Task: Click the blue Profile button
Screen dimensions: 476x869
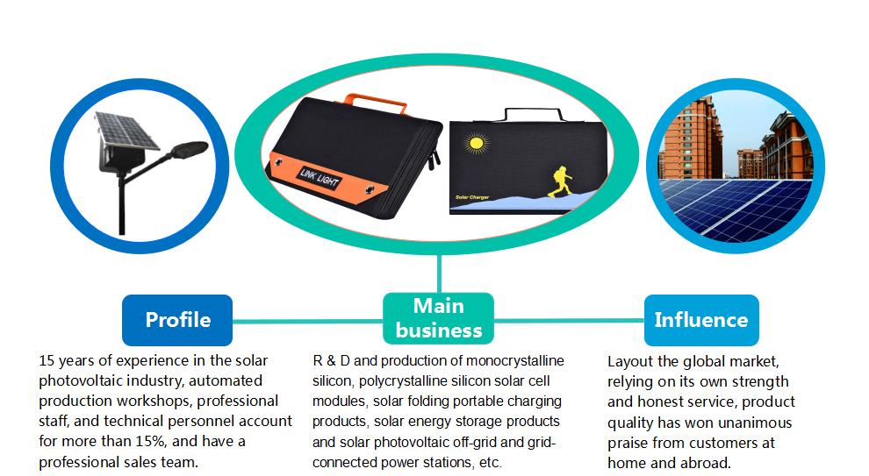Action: coord(177,319)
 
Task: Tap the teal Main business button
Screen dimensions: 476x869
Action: coord(438,318)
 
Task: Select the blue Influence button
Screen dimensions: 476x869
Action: coord(700,319)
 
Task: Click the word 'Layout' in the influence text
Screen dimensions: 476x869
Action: coord(632,361)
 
